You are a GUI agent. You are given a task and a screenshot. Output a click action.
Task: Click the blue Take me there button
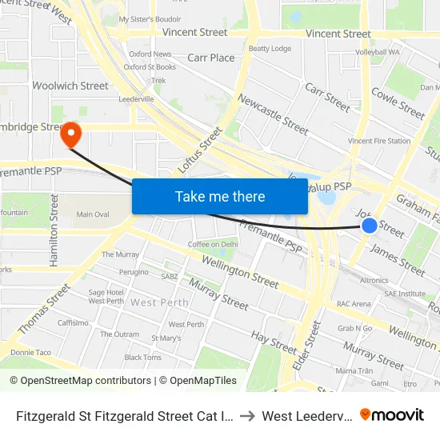(220, 196)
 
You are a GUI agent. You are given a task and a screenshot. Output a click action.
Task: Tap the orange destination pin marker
(70, 134)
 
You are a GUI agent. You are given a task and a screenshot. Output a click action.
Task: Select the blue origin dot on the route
(370, 226)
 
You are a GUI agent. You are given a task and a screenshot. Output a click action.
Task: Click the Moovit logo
(392, 414)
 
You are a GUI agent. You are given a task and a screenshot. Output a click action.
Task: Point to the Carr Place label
(211, 58)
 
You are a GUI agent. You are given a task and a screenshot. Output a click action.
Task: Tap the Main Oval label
(93, 214)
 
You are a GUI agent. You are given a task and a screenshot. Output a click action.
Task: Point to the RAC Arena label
(354, 304)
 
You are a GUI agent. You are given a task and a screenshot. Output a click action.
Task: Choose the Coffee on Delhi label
(213, 244)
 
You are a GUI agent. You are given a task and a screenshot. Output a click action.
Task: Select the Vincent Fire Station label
(379, 141)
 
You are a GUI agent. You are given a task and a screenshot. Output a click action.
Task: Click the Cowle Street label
(398, 103)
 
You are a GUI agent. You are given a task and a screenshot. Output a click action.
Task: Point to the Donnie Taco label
(30, 352)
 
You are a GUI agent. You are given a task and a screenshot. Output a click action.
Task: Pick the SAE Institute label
(404, 294)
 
